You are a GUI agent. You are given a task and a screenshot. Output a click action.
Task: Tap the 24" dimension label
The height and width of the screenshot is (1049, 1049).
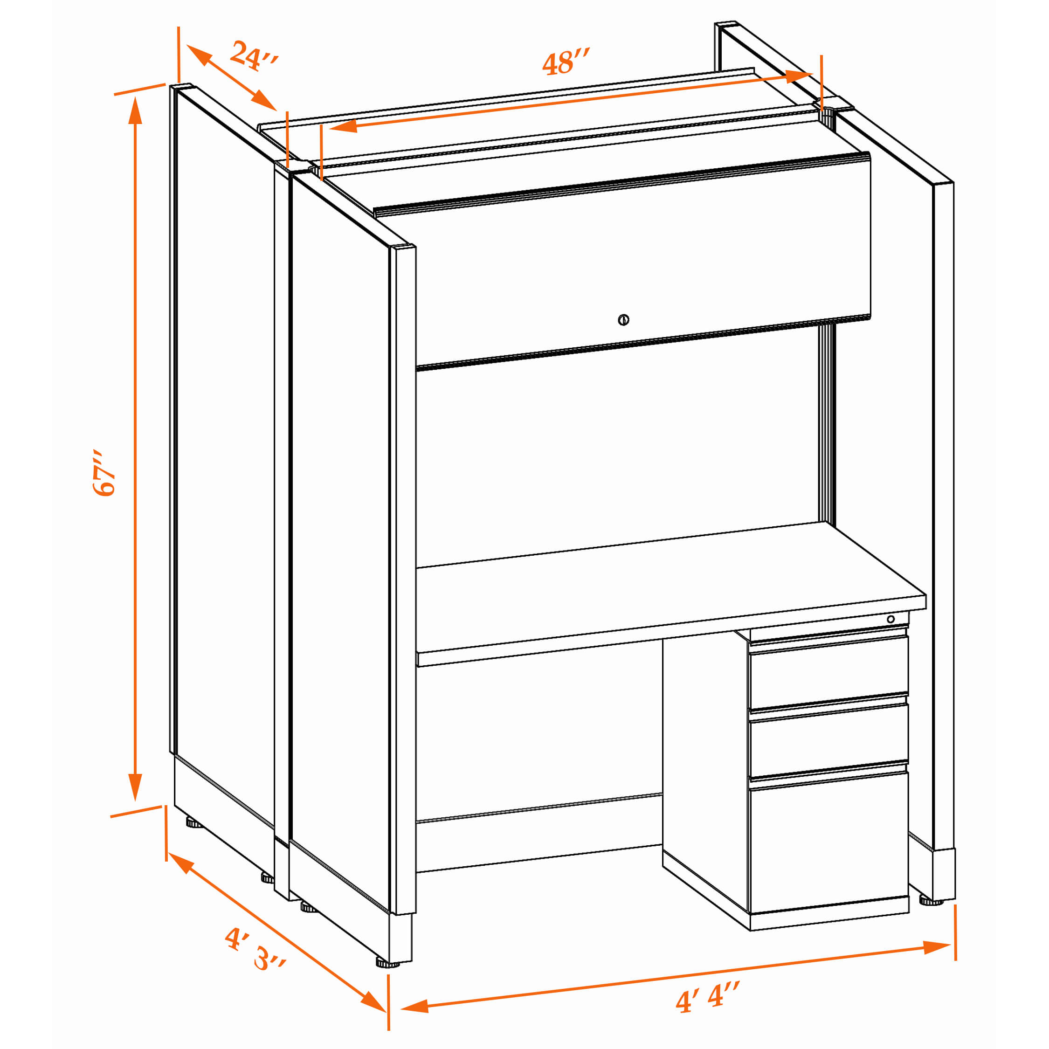coord(254,55)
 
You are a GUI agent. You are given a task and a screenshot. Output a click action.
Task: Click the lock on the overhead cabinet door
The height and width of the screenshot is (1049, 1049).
coord(623,320)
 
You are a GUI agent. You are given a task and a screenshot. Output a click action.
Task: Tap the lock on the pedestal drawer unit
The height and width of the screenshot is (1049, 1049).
coord(890,620)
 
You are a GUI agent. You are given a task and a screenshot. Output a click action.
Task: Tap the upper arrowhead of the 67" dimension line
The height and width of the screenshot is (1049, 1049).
coord(135,111)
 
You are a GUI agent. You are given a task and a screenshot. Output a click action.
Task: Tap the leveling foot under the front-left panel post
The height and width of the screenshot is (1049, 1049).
coord(387,964)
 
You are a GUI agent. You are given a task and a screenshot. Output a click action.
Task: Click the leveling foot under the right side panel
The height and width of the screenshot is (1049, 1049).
coord(931,902)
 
